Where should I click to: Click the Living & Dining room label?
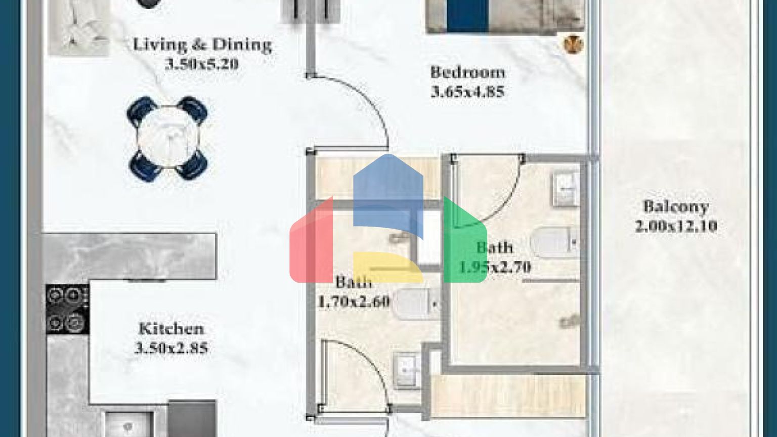pos(202,46)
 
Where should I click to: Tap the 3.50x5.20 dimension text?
pos(202,65)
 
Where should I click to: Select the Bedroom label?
pos(467,72)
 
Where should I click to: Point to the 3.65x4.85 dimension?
pos(467,92)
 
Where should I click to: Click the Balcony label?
pos(676,207)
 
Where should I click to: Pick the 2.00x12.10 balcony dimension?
pos(676,226)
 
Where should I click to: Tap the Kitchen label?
pos(171,329)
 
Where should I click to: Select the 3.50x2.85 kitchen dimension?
pos(171,348)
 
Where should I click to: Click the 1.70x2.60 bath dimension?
pos(354,302)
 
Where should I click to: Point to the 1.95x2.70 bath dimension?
pos(495,267)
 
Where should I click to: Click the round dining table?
pos(167,139)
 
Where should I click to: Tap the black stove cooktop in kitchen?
pos(67,309)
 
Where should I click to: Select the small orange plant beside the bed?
pos(573,44)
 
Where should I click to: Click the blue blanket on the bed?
pos(467,16)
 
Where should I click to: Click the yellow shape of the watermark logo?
pos(388,267)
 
